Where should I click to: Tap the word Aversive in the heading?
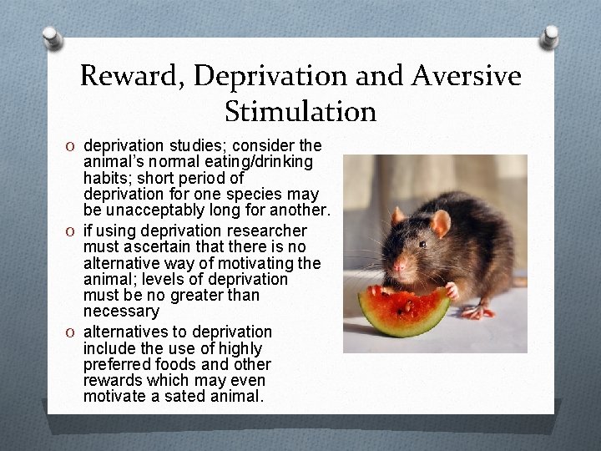[x=471, y=77]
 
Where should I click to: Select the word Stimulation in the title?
[x=300, y=110]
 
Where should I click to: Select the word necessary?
[x=121, y=312]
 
